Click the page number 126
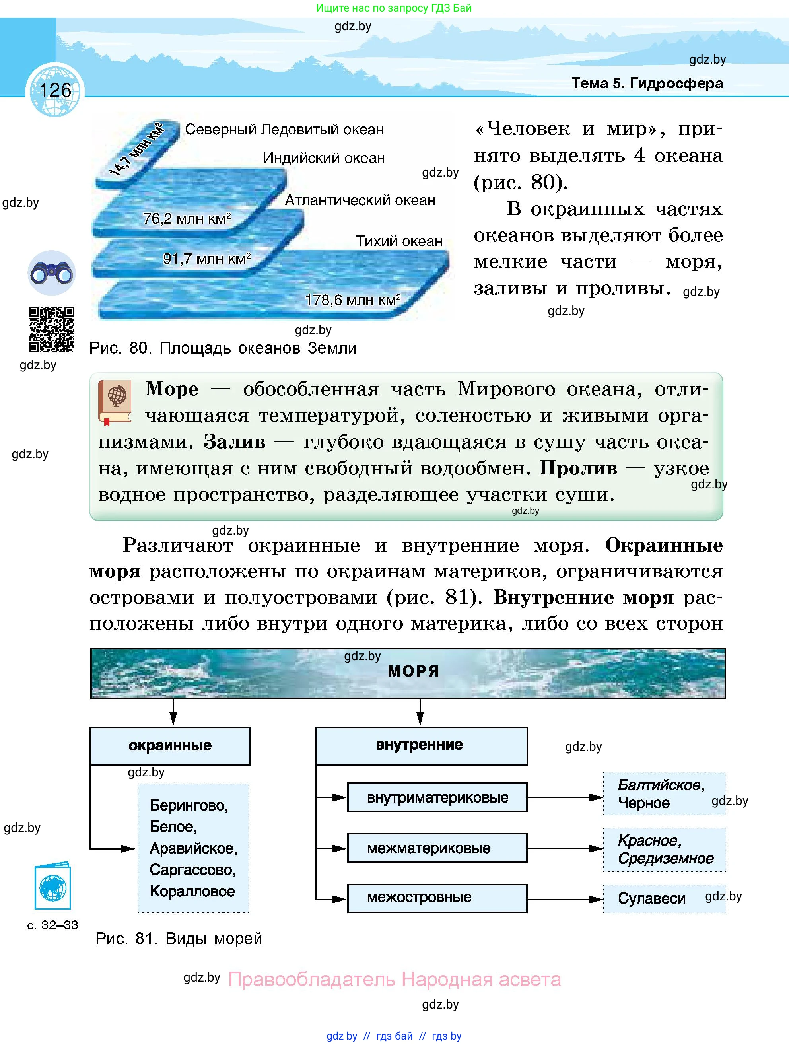click(x=55, y=90)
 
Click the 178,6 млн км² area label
click(x=353, y=300)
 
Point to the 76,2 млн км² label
click(x=187, y=218)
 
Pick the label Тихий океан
click(x=398, y=241)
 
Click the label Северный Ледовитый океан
click(x=284, y=130)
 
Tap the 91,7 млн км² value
click(x=206, y=259)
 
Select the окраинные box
click(x=170, y=746)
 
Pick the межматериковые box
click(x=437, y=848)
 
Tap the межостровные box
click(x=437, y=898)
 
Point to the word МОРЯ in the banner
click(x=414, y=671)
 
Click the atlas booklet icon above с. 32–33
click(x=52, y=888)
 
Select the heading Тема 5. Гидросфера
click(x=647, y=84)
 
